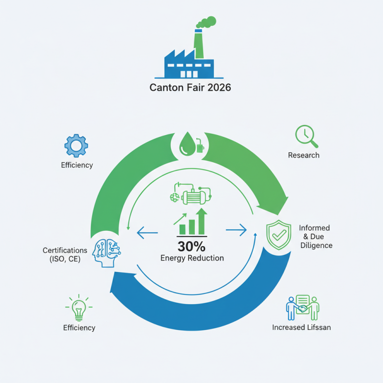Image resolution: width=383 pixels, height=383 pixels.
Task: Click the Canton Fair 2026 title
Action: (x=191, y=89)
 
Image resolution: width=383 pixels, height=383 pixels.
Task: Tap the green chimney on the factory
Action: (x=198, y=45)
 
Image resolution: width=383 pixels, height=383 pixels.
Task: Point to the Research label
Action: (x=304, y=155)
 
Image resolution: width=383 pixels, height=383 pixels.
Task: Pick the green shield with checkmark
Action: (x=278, y=235)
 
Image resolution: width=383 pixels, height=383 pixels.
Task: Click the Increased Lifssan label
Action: (x=301, y=328)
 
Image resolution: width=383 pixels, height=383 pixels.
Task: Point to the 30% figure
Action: (x=191, y=247)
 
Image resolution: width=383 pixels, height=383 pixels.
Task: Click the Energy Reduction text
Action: (x=191, y=259)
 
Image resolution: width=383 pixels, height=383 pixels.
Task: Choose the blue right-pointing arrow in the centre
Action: (x=236, y=231)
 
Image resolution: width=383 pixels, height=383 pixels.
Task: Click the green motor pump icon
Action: (x=191, y=194)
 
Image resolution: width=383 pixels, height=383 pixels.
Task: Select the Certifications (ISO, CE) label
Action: (x=65, y=255)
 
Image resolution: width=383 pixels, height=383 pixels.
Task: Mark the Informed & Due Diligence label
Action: (x=315, y=237)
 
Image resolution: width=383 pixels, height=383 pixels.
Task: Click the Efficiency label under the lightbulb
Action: (x=79, y=328)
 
